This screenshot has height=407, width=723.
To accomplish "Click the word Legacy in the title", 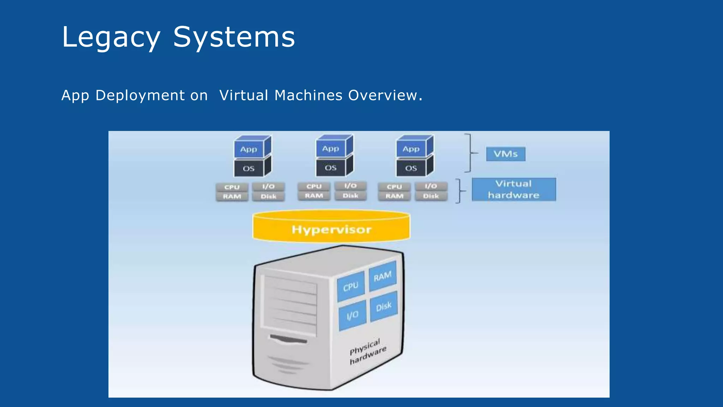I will pyautogui.click(x=111, y=37).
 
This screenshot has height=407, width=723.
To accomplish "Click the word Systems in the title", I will pyautogui.click(x=234, y=37).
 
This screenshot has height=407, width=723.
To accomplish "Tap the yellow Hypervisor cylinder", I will pyautogui.click(x=331, y=228).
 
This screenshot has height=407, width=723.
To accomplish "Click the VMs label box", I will pyautogui.click(x=506, y=154).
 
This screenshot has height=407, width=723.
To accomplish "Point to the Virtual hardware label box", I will pyautogui.click(x=514, y=189).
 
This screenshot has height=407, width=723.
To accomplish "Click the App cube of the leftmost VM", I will pyautogui.click(x=249, y=149).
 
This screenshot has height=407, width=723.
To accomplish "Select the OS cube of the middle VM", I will pyautogui.click(x=331, y=168).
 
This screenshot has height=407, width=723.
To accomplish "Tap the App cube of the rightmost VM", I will pyautogui.click(x=411, y=149).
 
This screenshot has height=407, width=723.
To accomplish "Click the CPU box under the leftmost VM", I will pyautogui.click(x=232, y=187).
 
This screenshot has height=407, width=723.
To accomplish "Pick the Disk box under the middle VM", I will pyautogui.click(x=351, y=196).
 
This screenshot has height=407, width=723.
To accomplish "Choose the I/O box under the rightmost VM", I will pyautogui.click(x=431, y=186).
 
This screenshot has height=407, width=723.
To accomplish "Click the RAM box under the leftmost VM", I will pyautogui.click(x=232, y=196).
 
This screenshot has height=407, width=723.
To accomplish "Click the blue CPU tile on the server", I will pyautogui.click(x=351, y=286).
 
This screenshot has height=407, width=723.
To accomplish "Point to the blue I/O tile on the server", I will pyautogui.click(x=352, y=315).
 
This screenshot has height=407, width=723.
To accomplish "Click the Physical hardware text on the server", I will pyautogui.click(x=367, y=352).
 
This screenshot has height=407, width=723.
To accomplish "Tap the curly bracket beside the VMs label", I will pyautogui.click(x=470, y=153).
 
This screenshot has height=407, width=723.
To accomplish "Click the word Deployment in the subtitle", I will pyautogui.click(x=140, y=95).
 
